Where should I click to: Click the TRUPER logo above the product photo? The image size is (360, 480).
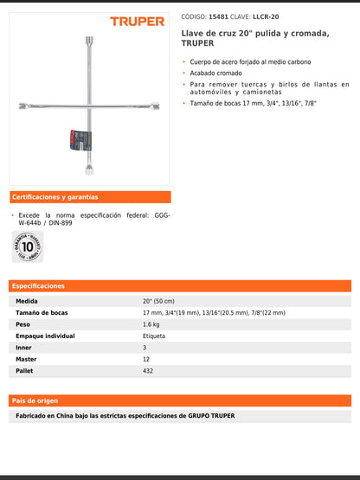pos(137,21)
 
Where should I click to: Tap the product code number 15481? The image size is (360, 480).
pos(222,16)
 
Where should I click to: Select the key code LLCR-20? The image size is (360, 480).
pos(266,16)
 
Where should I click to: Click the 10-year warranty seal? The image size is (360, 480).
pos(27,246)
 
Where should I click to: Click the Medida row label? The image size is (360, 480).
pos(27,301)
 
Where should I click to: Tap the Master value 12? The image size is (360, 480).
pos(146,359)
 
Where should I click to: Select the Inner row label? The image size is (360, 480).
pos(24,348)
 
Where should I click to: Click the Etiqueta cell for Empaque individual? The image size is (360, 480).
pos(154,336)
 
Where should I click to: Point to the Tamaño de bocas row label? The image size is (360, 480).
pos(42,312)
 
